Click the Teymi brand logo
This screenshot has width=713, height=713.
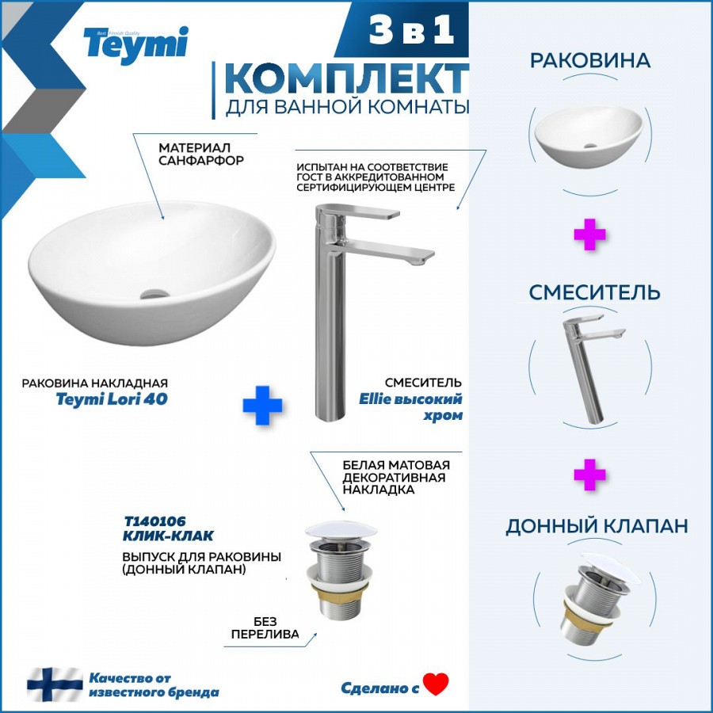[135, 44]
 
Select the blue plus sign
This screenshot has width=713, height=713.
[262, 405]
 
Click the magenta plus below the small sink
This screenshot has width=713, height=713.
[589, 234]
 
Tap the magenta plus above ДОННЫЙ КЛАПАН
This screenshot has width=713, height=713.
[589, 475]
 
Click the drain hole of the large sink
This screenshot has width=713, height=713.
[154, 294]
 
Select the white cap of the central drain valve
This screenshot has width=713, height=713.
[341, 530]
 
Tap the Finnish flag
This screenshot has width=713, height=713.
[55, 684]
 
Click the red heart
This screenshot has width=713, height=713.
[435, 684]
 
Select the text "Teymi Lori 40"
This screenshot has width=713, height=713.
[112, 399]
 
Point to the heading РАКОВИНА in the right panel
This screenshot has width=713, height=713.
[590, 60]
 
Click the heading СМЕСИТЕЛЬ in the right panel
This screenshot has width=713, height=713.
[594, 292]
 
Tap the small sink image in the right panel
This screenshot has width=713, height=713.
[589, 137]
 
